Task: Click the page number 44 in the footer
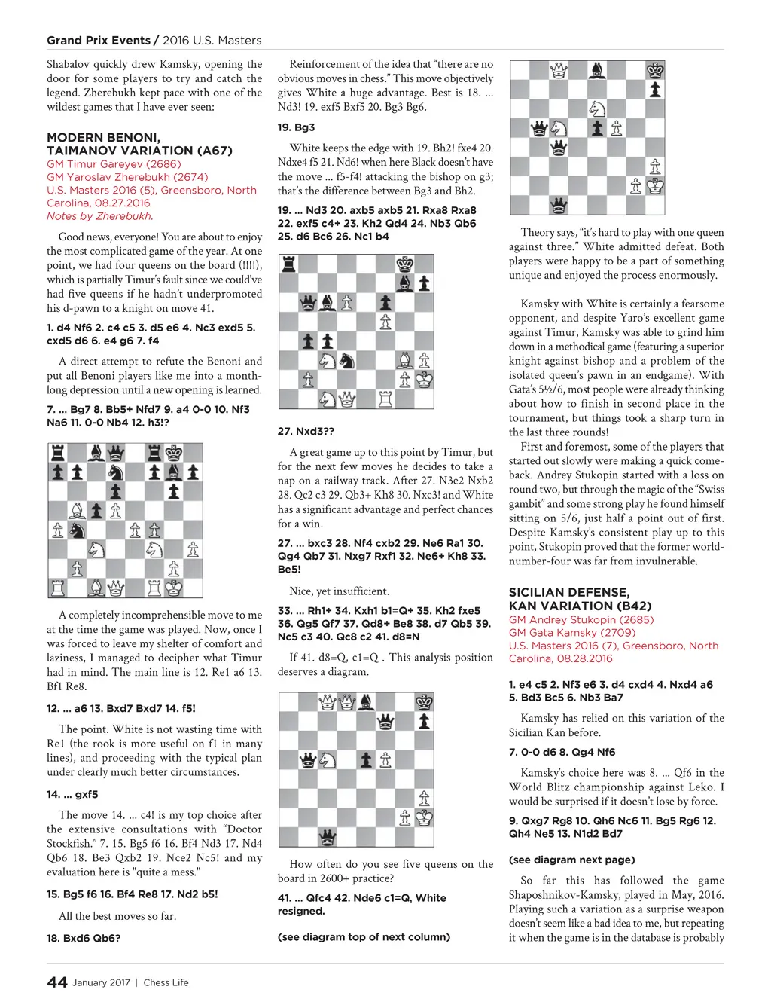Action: pyautogui.click(x=57, y=982)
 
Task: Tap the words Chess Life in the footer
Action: pyautogui.click(x=166, y=982)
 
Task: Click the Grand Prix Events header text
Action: pyautogui.click(x=99, y=41)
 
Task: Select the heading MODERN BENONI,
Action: pyautogui.click(x=103, y=137)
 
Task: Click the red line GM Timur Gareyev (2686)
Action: pyautogui.click(x=114, y=163)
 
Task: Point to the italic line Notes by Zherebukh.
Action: pyautogui.click(x=99, y=216)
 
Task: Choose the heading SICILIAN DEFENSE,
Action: pyautogui.click(x=568, y=592)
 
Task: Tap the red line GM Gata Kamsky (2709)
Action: pyautogui.click(x=572, y=633)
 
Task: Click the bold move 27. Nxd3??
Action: pyautogui.click(x=306, y=432)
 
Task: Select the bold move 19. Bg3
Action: pyautogui.click(x=296, y=127)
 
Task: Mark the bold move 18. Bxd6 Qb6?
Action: pyautogui.click(x=84, y=938)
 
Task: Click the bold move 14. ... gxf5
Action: pyautogui.click(x=72, y=794)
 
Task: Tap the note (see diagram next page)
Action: pyautogui.click(x=572, y=860)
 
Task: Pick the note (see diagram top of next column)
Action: pyautogui.click(x=364, y=936)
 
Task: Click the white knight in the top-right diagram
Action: pyautogui.click(x=597, y=108)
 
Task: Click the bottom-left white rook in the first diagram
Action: pyautogui.click(x=57, y=588)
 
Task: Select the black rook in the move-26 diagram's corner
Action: pyautogui.click(x=288, y=264)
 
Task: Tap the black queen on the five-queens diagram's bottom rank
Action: pyautogui.click(x=328, y=836)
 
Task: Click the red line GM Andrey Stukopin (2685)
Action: pyautogui.click(x=581, y=620)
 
